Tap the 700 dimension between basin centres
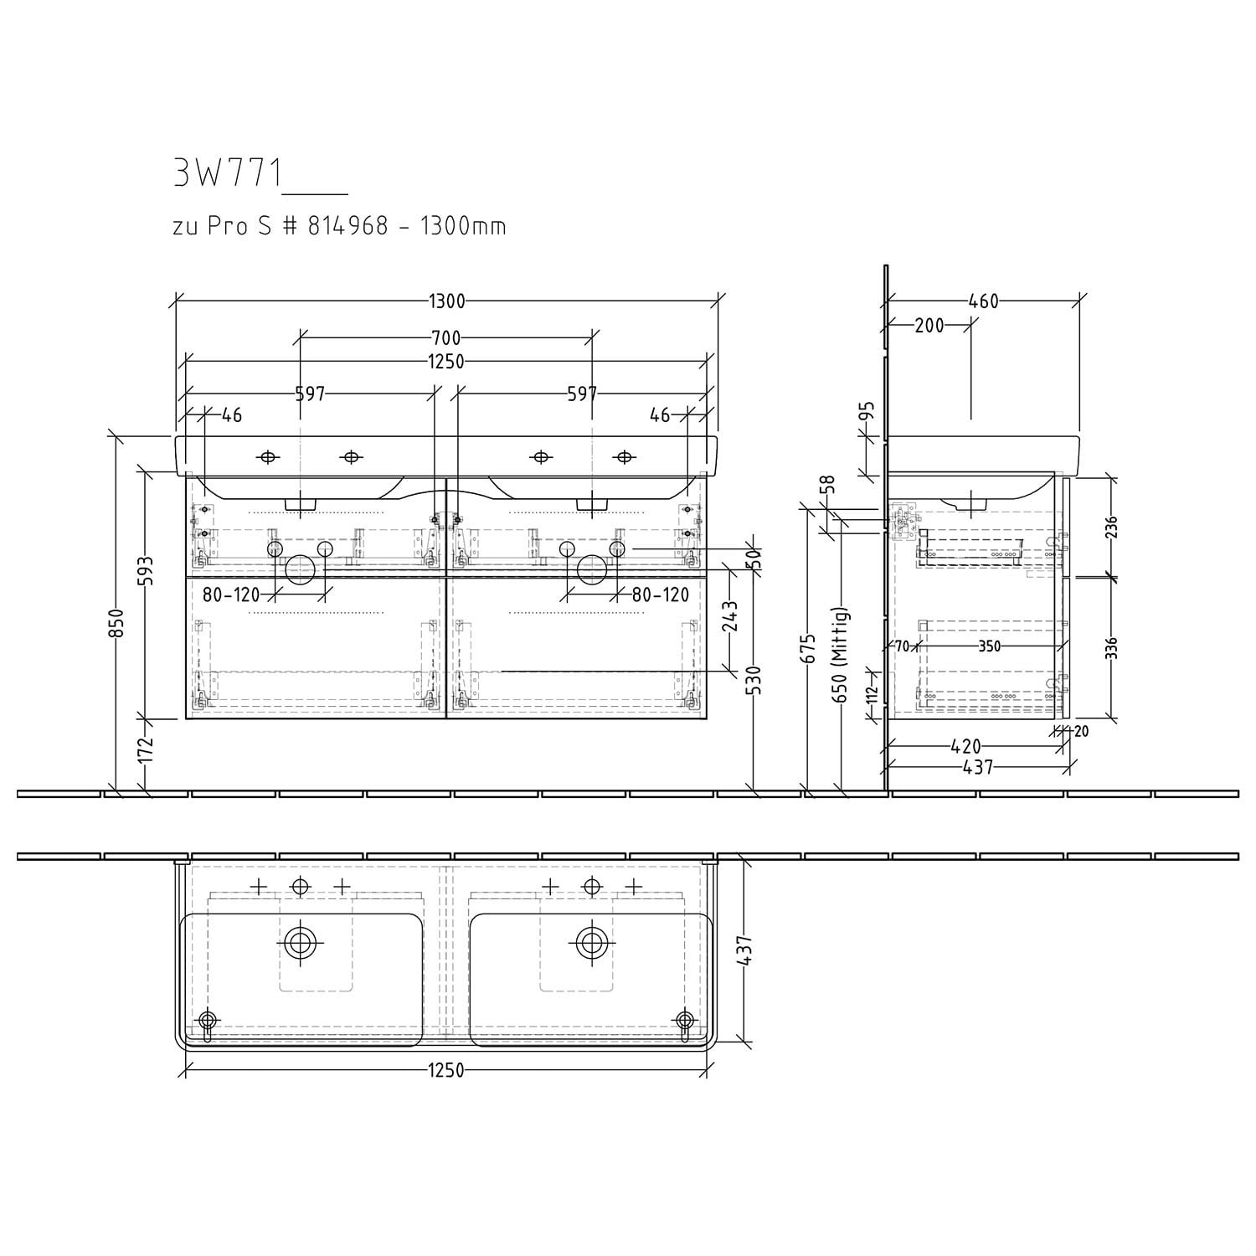pos(446,338)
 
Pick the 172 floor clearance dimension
pos(146,749)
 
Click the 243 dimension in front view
pos(730,616)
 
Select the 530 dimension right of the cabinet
pos(755,681)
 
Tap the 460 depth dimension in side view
pos(984,301)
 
